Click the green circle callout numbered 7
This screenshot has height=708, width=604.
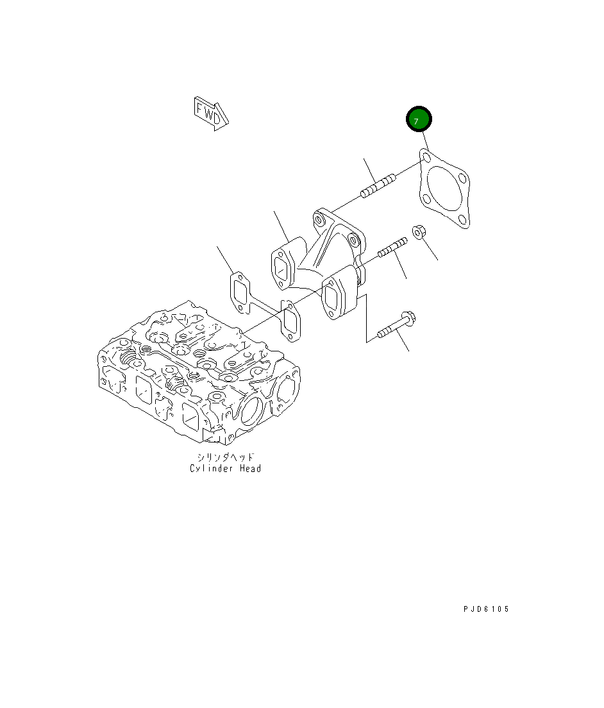[x=419, y=120]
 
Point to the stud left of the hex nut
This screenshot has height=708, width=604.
[x=392, y=248]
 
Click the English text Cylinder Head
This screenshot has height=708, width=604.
[x=225, y=469]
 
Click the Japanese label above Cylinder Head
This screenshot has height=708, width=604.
[x=225, y=457]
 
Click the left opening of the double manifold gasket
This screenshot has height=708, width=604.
[x=240, y=293]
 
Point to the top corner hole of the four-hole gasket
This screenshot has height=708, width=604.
[x=425, y=154]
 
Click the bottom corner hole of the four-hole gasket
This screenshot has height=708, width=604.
[x=464, y=223]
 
